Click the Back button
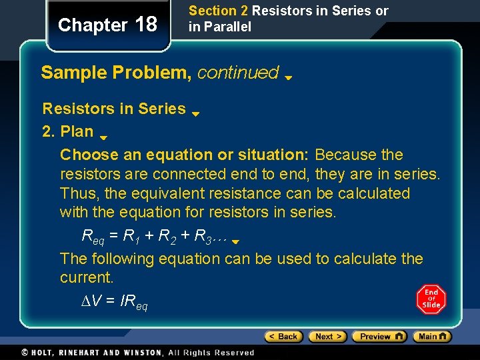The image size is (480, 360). [283, 337]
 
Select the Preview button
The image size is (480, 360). [379, 337]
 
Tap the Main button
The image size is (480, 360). [432, 337]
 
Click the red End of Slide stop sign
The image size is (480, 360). [431, 299]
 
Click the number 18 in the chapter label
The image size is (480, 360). [146, 25]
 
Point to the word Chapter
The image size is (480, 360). [93, 25]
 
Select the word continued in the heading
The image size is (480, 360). [238, 73]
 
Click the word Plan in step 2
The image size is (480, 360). [77, 131]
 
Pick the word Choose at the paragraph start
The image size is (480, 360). [87, 155]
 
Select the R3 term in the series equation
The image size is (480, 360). [203, 235]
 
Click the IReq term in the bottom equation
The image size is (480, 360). [133, 303]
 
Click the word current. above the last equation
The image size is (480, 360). [87, 277]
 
